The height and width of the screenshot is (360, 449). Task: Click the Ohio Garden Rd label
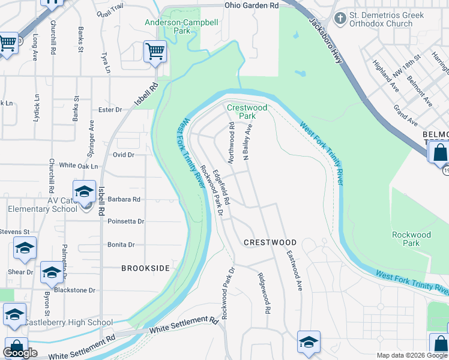(252, 5)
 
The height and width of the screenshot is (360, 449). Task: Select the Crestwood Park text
(247, 112)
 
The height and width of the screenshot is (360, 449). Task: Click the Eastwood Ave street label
(292, 271)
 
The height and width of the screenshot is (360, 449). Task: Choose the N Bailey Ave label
(246, 143)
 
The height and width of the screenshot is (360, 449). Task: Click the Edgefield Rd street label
(220, 187)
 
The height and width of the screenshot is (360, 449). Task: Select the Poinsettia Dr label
(125, 221)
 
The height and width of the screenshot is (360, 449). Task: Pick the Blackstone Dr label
(75, 290)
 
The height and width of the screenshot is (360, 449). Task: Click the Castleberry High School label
(68, 323)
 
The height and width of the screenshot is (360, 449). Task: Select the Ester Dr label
(110, 110)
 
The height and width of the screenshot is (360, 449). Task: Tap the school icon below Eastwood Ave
(309, 341)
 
